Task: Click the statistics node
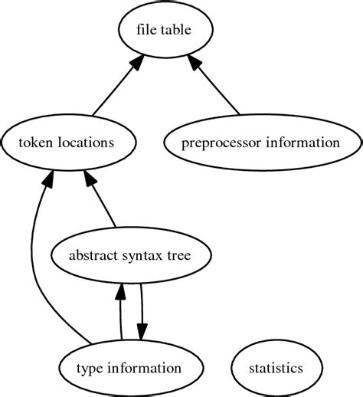[x=276, y=369]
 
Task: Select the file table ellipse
[x=163, y=31]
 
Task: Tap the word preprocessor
[x=218, y=143]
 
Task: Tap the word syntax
[x=141, y=255]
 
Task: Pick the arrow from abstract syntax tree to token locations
[x=103, y=203]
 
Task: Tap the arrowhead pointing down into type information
[x=142, y=331]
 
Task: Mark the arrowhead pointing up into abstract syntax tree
[x=121, y=290]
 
